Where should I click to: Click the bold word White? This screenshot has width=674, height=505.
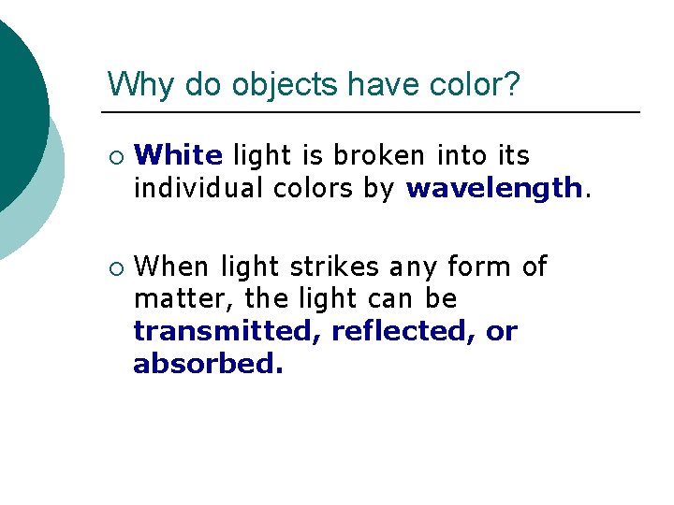(x=179, y=154)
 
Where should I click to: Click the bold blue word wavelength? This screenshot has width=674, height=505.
(x=494, y=188)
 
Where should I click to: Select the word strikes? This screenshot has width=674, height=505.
(x=334, y=267)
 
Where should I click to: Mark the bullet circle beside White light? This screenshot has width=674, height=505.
(x=114, y=155)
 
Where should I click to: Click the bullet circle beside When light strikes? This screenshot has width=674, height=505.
(x=114, y=267)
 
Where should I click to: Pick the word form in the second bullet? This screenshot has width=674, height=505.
(x=476, y=267)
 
